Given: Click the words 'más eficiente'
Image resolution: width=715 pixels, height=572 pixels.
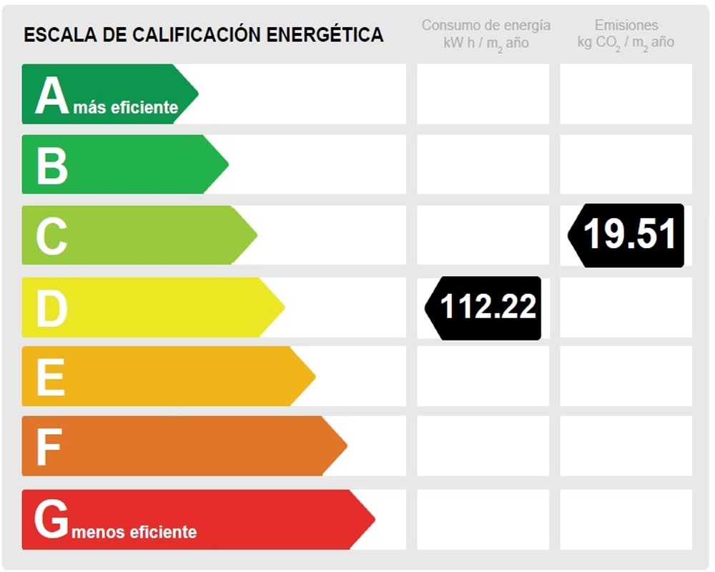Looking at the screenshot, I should [x=125, y=108].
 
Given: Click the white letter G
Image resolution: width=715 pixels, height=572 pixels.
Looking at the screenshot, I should [x=51, y=520].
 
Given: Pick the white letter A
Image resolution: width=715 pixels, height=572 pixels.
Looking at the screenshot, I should [x=51, y=95].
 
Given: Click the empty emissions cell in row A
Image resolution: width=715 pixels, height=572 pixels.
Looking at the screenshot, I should [x=626, y=94].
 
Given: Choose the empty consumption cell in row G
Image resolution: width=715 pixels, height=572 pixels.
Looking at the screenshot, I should [x=483, y=519].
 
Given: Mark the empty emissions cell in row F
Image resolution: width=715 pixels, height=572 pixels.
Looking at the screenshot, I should [x=626, y=446].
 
